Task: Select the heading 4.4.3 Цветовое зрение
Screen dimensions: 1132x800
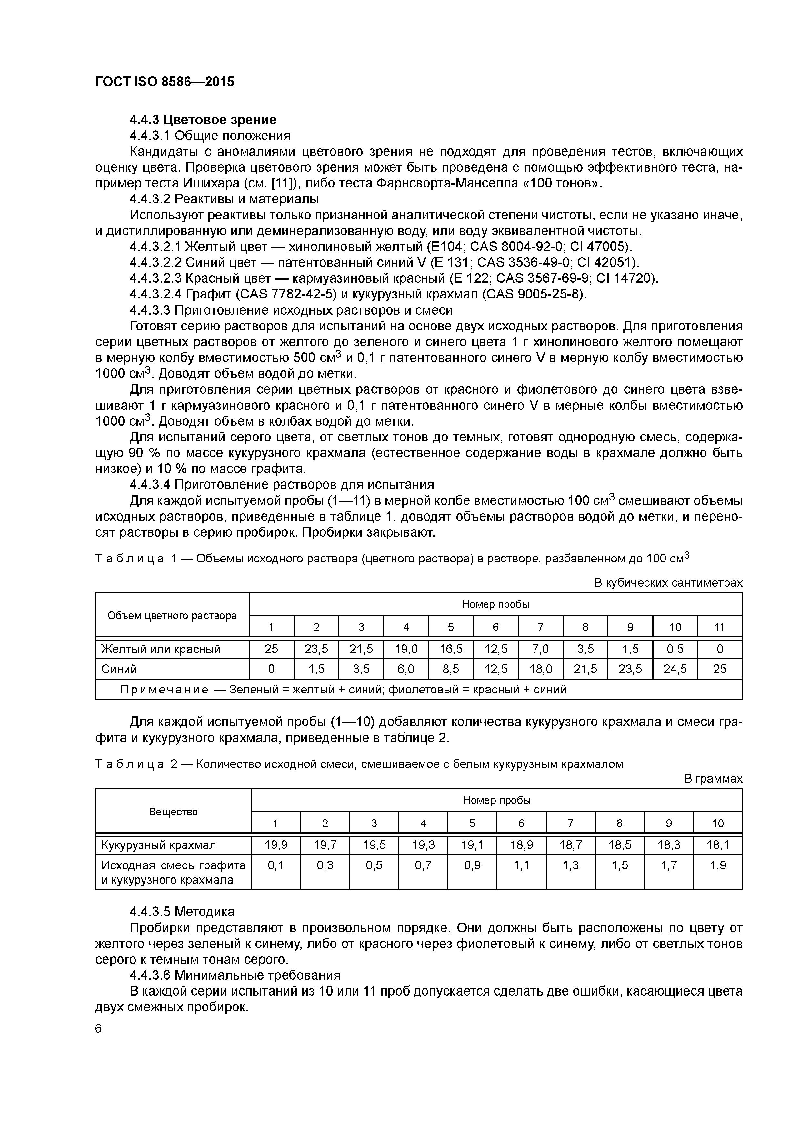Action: click(x=203, y=120)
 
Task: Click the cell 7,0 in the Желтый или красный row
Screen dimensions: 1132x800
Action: click(x=540, y=649)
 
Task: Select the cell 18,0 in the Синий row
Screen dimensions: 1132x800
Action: click(x=540, y=669)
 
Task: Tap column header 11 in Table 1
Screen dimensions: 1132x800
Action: click(x=720, y=627)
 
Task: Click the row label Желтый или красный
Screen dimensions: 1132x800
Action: click(x=161, y=649)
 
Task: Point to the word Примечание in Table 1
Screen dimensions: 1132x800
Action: click(x=164, y=689)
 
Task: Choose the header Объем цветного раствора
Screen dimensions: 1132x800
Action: click(x=172, y=616)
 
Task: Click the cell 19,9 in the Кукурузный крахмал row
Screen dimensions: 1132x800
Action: click(x=275, y=845)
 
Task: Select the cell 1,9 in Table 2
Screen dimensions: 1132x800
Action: click(x=718, y=865)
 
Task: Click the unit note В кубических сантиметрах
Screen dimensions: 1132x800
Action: click(x=668, y=583)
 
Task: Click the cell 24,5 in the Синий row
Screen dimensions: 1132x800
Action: click(x=675, y=669)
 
